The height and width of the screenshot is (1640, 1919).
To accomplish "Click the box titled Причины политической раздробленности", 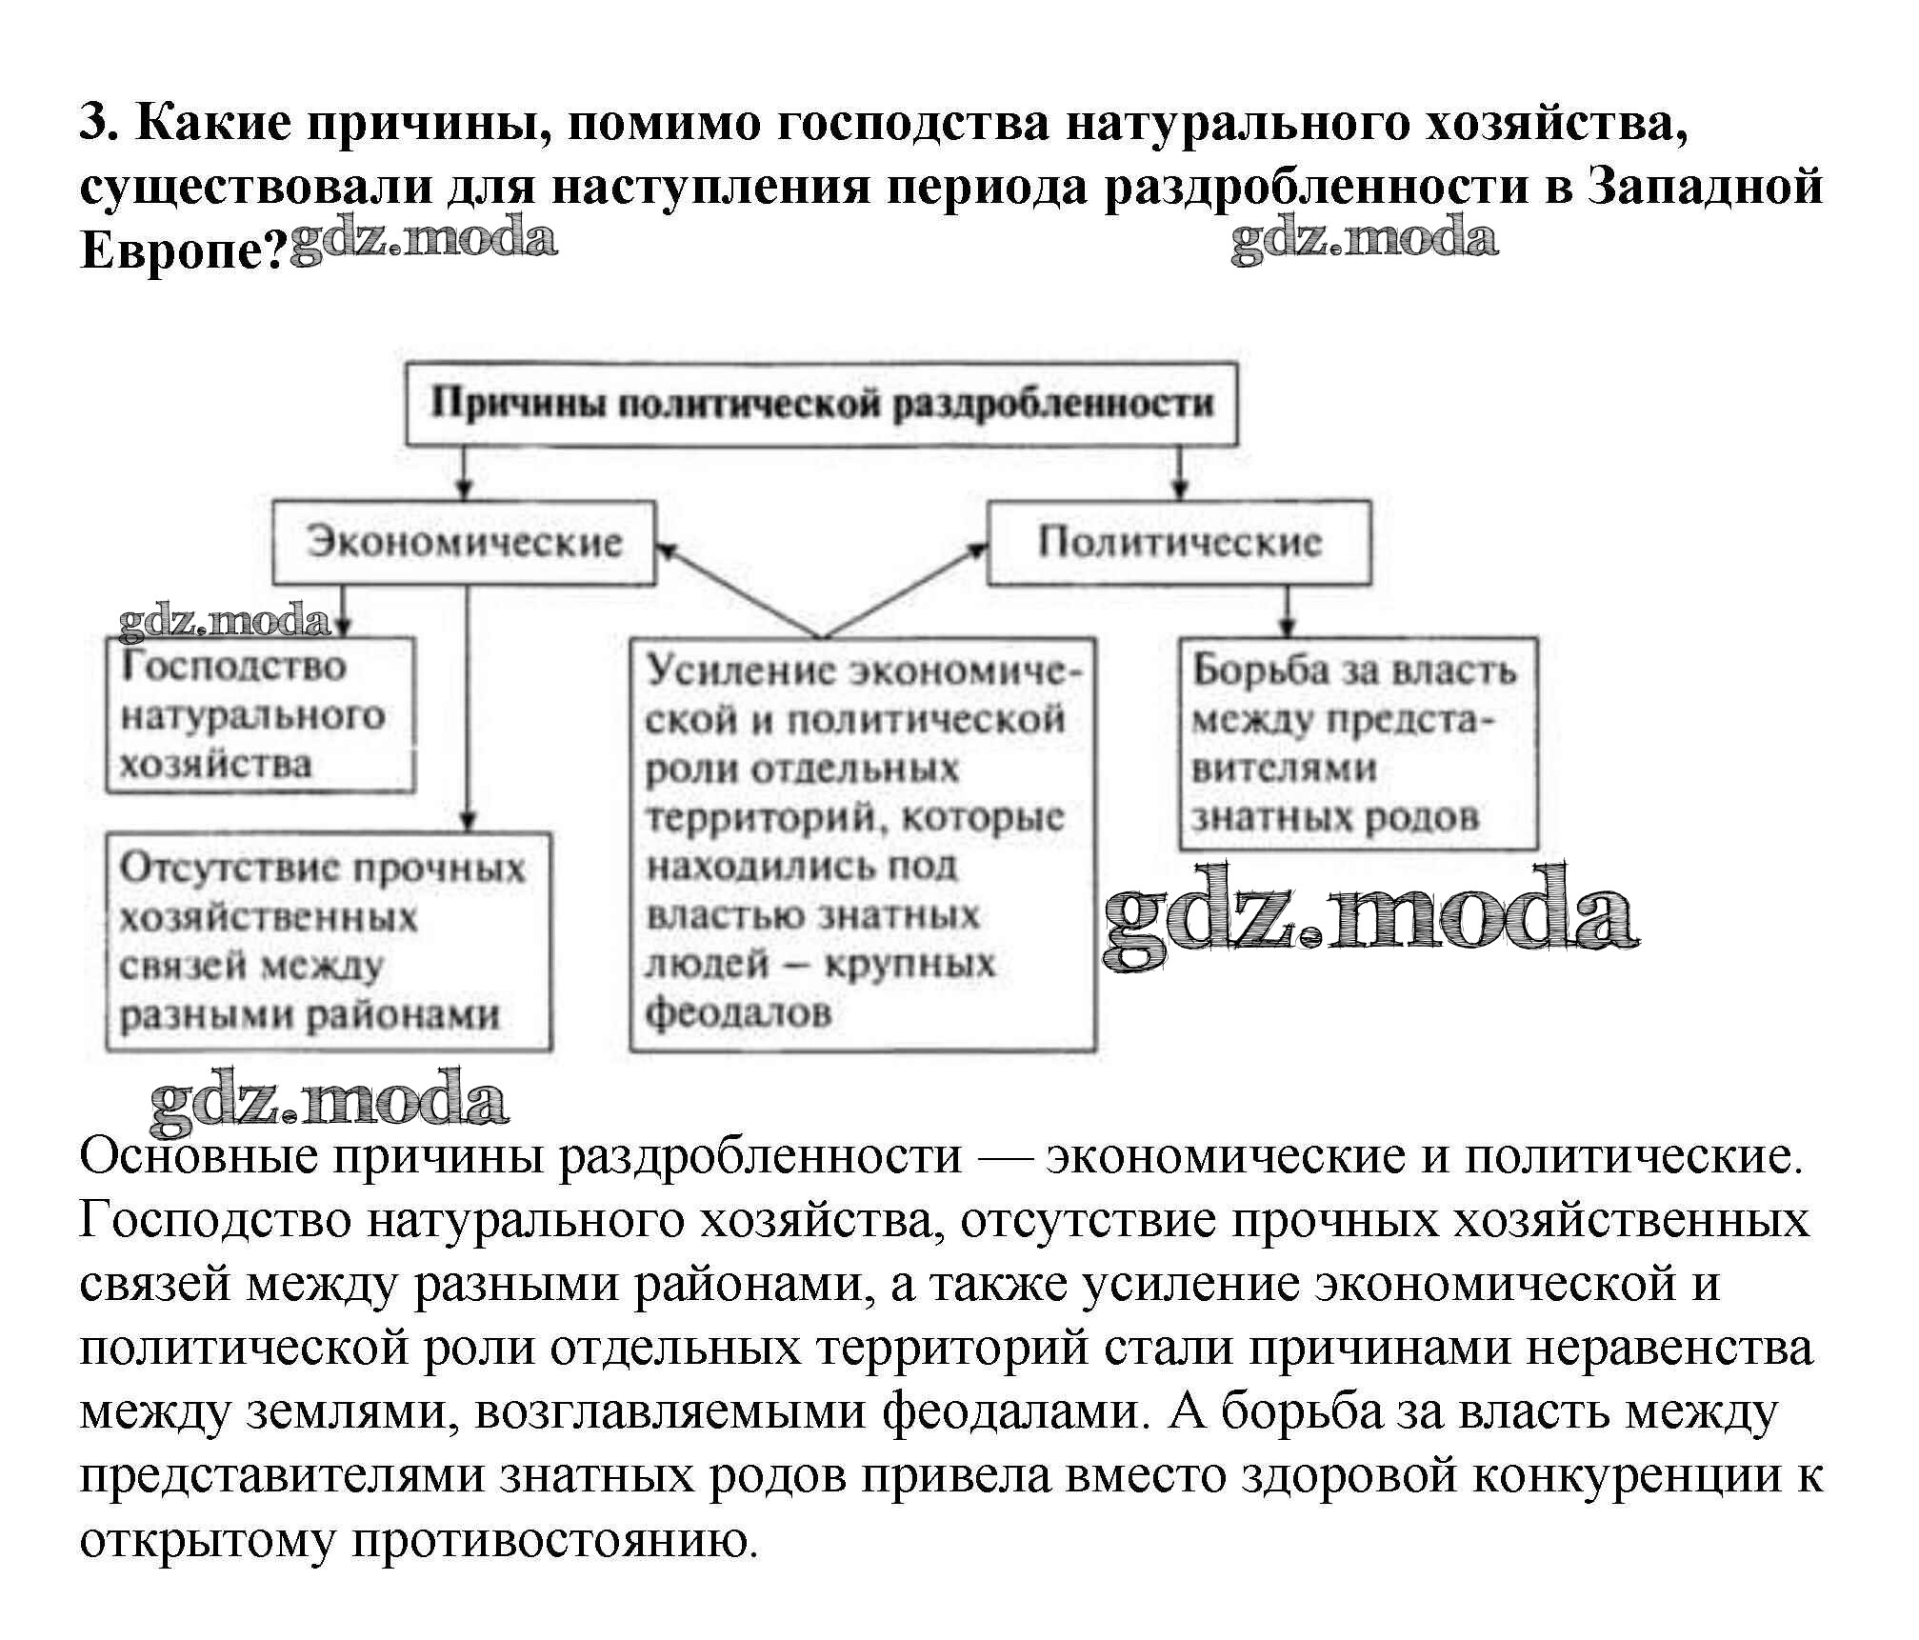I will (821, 404).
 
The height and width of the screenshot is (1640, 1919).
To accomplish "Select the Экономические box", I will (464, 542).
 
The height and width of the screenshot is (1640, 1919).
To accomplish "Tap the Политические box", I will (1179, 542).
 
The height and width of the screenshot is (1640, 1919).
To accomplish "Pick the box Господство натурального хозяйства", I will (259, 715).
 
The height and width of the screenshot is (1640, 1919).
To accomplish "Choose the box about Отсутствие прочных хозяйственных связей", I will (328, 941).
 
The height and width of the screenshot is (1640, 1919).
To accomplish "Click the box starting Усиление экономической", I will (862, 843).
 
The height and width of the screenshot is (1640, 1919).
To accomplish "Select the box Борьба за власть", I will (1357, 744).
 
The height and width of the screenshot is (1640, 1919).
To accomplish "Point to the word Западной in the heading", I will (1705, 186).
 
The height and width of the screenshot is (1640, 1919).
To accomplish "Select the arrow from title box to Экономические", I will (464, 473).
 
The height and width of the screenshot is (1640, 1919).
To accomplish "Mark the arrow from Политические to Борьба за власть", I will (1288, 611).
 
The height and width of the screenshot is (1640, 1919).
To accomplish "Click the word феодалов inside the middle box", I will (738, 1012).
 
